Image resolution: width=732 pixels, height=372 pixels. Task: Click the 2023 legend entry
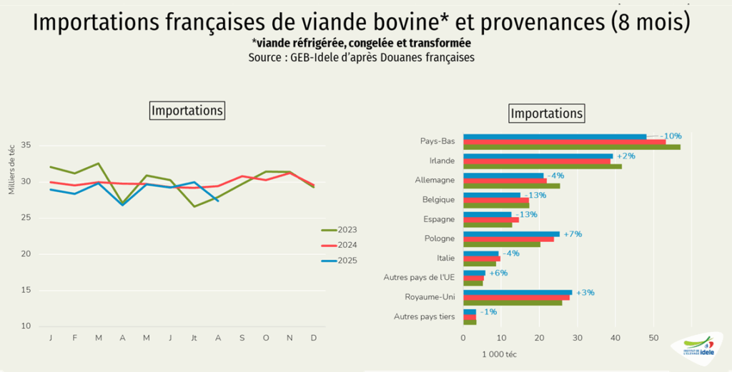click(339, 230)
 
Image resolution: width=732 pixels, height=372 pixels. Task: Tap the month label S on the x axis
click(242, 338)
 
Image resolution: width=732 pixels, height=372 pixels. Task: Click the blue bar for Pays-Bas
click(555, 136)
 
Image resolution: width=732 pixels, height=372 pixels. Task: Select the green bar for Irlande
click(543, 166)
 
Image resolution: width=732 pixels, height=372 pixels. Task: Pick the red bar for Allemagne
click(505, 181)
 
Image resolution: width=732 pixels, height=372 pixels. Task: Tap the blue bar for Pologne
click(512, 233)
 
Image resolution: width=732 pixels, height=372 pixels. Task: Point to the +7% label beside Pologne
click(573, 233)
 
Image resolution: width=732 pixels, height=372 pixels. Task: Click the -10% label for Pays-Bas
click(671, 136)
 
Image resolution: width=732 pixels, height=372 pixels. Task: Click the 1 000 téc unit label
click(499, 355)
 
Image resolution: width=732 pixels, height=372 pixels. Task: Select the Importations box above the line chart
click(187, 111)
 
